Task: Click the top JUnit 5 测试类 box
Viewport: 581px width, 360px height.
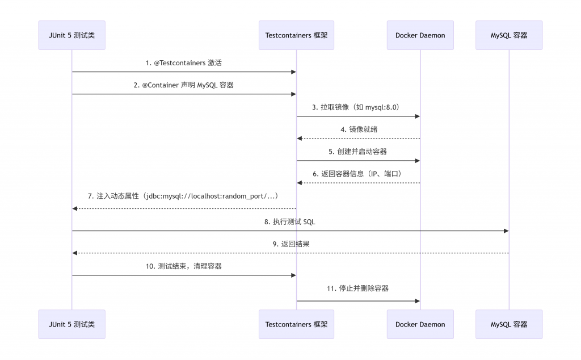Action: (72, 35)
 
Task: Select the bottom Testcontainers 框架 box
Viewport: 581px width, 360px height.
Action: (296, 324)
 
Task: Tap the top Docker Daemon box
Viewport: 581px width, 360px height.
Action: (420, 35)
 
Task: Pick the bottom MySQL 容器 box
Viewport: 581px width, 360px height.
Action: (509, 324)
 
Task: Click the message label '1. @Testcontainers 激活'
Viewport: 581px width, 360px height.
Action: (184, 63)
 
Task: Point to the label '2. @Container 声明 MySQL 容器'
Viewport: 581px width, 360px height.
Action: (184, 85)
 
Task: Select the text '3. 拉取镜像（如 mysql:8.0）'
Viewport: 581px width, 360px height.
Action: (356, 107)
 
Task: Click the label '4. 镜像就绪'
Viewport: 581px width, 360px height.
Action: (359, 129)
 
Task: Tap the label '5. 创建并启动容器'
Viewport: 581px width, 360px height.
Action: (357, 152)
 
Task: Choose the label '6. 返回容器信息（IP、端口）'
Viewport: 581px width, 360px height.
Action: (357, 174)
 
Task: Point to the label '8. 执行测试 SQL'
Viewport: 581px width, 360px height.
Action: (290, 222)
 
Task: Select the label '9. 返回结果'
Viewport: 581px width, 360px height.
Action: (291, 244)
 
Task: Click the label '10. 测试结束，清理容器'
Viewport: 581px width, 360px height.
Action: (184, 266)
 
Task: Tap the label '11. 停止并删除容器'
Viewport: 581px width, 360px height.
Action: (357, 288)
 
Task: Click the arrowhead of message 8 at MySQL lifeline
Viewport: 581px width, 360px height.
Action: (507, 231)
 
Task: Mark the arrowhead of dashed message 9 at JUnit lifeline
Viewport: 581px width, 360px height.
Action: (74, 253)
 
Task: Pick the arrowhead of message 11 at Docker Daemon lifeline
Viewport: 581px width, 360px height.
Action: (418, 301)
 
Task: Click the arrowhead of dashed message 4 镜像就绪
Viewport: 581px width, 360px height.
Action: (300, 139)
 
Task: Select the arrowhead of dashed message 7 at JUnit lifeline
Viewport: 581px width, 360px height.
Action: (74, 209)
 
